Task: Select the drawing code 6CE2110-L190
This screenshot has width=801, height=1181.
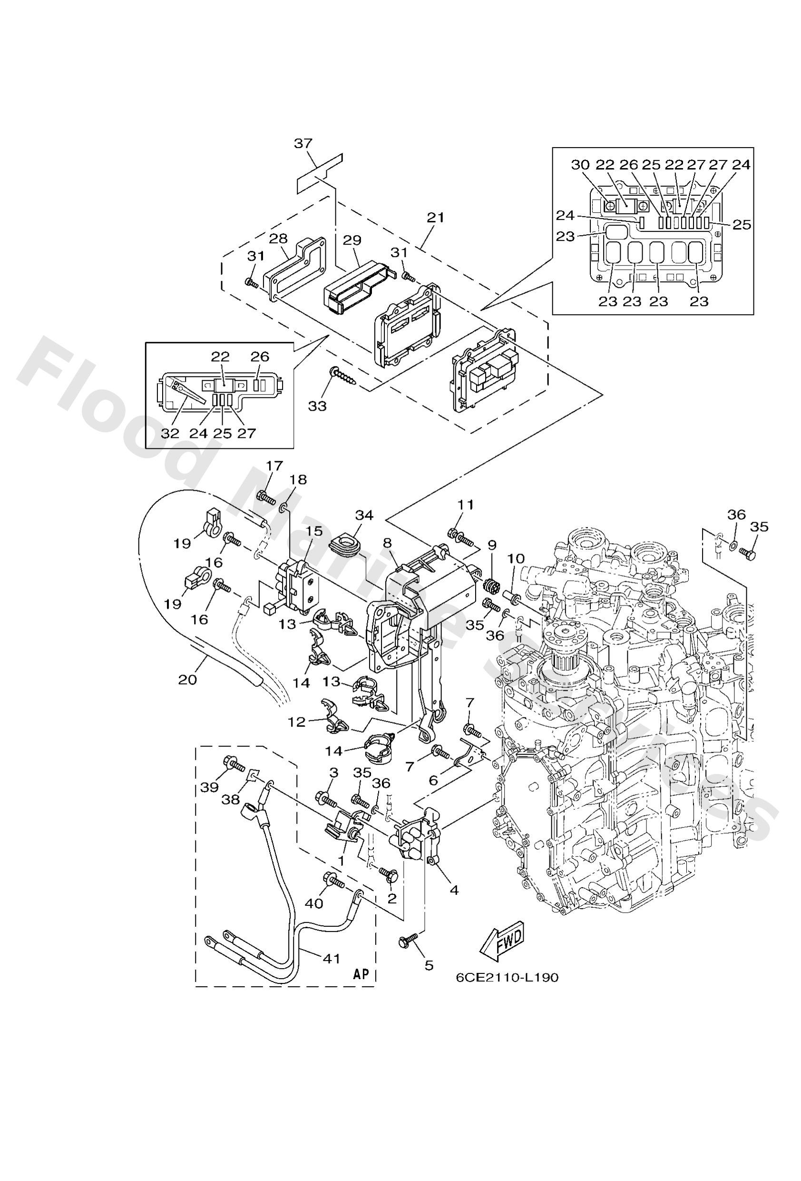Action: coord(507,978)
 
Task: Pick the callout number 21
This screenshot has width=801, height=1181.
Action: coord(435,218)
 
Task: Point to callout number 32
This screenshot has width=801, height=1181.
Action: coord(171,434)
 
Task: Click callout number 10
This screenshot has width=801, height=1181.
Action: coord(513,558)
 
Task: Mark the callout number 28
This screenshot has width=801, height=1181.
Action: coord(278,238)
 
